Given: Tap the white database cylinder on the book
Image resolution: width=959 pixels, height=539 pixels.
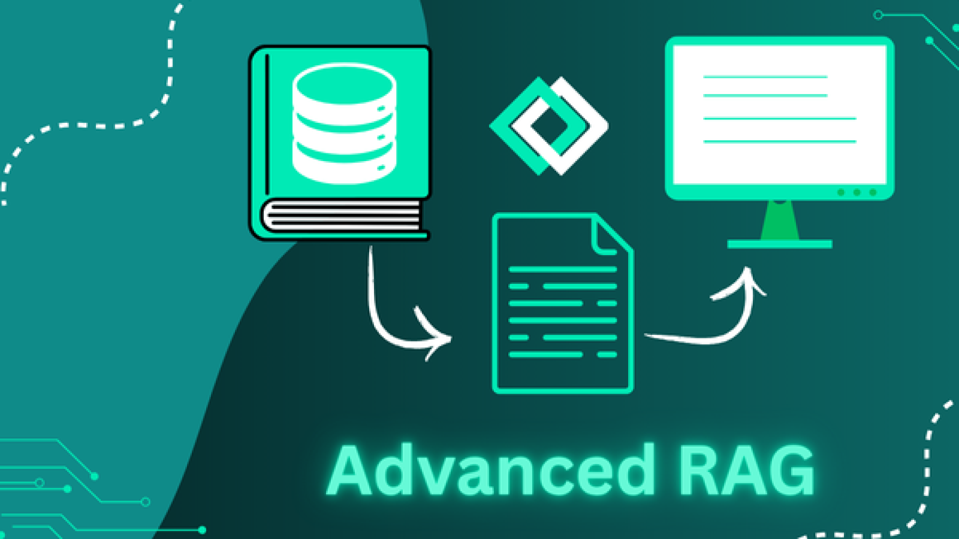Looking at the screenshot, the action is click(x=345, y=124).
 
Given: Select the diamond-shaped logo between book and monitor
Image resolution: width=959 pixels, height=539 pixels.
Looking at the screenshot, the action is click(x=548, y=126).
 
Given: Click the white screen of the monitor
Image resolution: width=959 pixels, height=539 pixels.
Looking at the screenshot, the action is click(x=779, y=114).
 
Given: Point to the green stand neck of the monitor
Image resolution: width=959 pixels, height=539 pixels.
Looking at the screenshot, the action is click(x=780, y=220).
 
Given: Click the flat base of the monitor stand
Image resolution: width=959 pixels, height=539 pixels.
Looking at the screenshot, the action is click(x=780, y=244).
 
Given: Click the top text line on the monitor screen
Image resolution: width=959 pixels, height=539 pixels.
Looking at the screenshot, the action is click(x=765, y=77).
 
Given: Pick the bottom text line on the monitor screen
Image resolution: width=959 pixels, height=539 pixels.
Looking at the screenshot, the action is click(x=779, y=142).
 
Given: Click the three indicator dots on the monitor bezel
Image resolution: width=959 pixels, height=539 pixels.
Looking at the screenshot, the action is click(x=857, y=192).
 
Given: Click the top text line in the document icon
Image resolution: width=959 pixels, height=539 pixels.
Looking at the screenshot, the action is click(x=562, y=269).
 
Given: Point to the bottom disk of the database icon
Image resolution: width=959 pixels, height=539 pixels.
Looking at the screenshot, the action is click(x=345, y=165).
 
